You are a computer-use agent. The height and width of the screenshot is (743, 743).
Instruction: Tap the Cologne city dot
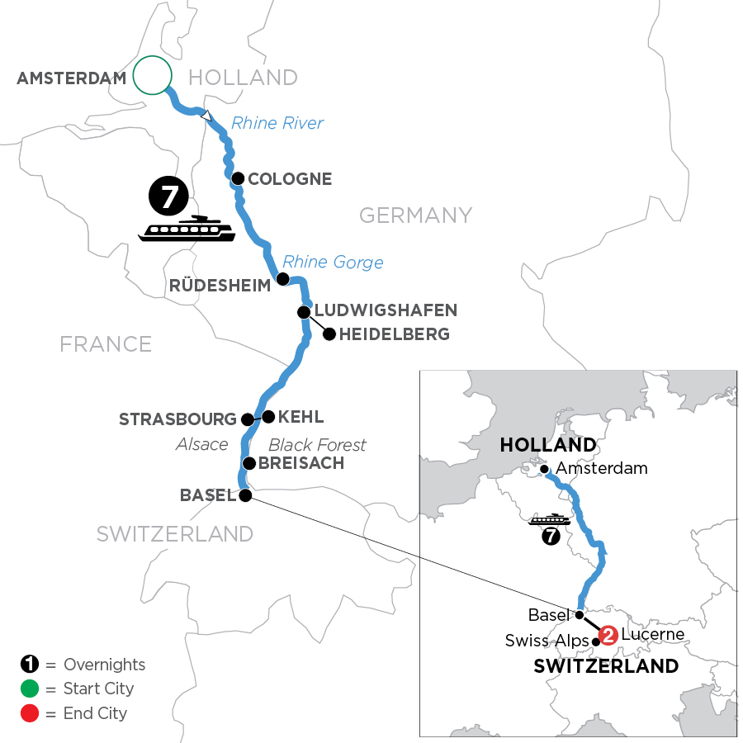[x=238, y=178]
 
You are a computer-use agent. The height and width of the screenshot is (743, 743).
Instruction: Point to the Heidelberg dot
[x=329, y=334]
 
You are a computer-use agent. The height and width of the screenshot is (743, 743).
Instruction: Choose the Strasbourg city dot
[x=247, y=419]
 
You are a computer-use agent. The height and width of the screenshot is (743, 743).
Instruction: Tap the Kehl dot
[x=267, y=416]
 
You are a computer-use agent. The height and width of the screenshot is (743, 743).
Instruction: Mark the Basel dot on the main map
[x=245, y=495]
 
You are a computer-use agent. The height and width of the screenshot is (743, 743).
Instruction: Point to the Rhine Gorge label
[x=334, y=263]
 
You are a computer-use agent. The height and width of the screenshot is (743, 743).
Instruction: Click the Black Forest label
[x=318, y=445]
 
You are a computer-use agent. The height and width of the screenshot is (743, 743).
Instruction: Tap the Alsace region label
[x=202, y=445]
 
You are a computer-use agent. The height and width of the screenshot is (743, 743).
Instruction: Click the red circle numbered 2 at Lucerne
[x=608, y=635]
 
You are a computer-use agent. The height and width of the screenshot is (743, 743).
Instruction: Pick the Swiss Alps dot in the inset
[x=596, y=641]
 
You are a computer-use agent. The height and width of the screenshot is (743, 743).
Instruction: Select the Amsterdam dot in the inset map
[x=545, y=469]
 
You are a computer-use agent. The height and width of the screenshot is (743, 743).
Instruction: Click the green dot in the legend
[x=29, y=689]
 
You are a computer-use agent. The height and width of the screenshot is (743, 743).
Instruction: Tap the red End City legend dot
[x=29, y=712]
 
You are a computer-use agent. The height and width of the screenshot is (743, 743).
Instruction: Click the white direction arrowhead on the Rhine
[x=210, y=116]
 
